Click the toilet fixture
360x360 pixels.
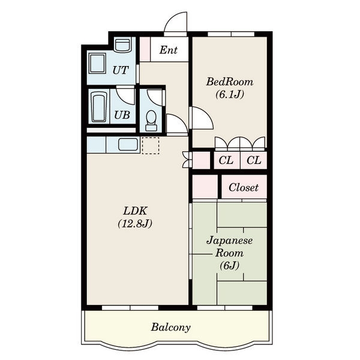151,121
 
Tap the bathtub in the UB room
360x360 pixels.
99,107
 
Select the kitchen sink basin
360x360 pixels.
128,145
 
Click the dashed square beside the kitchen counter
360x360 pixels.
151,146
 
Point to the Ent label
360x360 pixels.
169,50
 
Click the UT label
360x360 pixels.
121,70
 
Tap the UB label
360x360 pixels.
122,115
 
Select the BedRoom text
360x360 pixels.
230,82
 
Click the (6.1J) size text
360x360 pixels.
230,94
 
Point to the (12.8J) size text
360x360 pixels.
135,223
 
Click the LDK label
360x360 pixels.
135,211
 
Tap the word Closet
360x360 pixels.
244,187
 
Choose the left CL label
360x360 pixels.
226,160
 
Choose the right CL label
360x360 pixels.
254,160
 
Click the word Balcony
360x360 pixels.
171,327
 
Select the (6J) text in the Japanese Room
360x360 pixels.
230,266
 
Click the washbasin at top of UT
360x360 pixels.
122,44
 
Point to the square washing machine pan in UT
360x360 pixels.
97,64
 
